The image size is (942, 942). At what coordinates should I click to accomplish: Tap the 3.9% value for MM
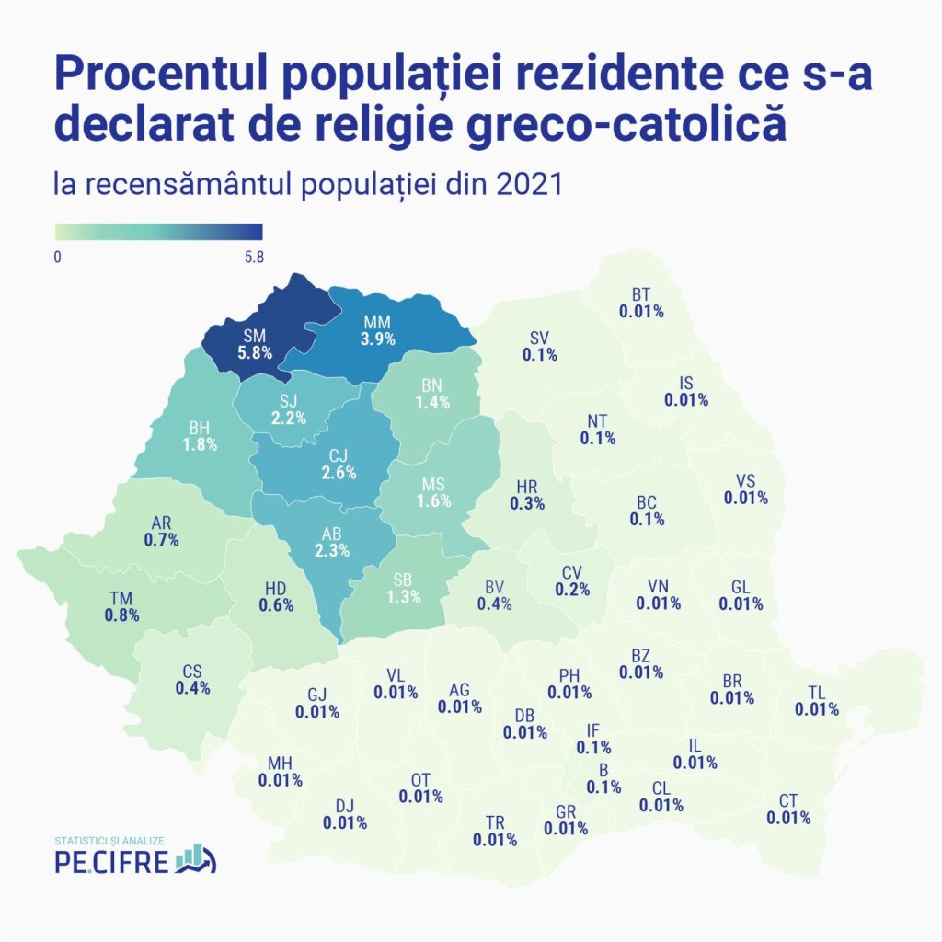point(378,339)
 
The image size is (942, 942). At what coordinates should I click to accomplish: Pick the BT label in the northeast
point(641,295)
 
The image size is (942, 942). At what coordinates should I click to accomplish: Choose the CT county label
point(788,800)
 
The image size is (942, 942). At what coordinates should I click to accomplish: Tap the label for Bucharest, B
point(603,771)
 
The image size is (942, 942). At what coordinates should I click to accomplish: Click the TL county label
point(816,693)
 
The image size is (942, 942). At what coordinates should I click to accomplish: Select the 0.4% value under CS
point(193,687)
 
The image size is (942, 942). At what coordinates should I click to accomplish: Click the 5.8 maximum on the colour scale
point(254,257)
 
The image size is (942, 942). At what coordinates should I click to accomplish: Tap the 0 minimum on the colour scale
point(57,257)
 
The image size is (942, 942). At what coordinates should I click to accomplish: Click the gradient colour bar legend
point(158,232)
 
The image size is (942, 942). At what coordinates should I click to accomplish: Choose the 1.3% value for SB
point(403,596)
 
